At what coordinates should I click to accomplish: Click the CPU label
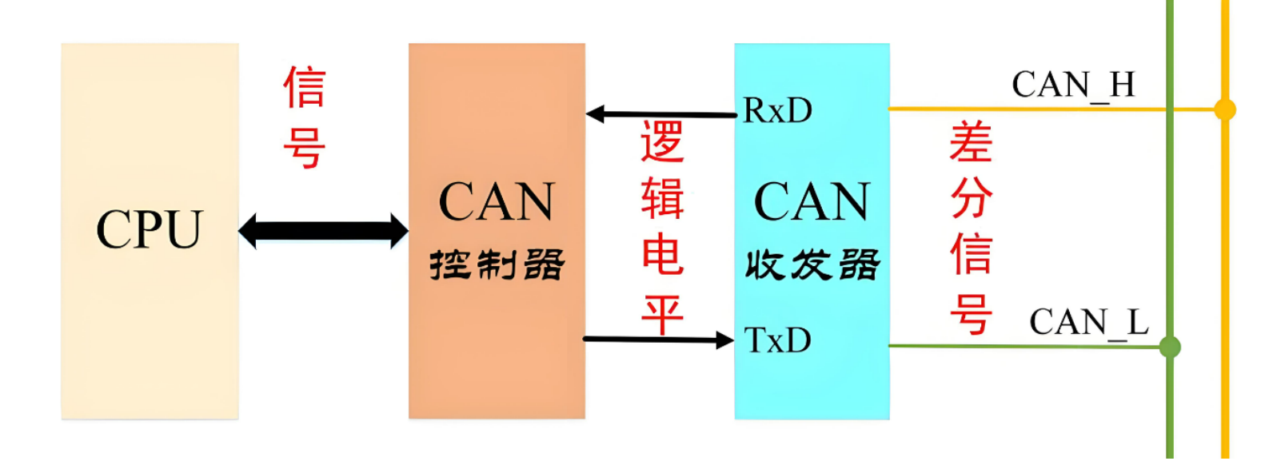coord(150,230)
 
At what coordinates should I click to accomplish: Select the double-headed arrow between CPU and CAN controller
coord(323,231)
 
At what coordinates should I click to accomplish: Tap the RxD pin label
coord(777,111)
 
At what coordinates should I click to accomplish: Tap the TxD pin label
coord(777,340)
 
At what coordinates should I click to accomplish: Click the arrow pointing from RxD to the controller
coord(660,114)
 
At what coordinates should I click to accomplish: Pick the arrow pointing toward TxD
coord(657,340)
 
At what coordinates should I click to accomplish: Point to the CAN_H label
coord(1073,85)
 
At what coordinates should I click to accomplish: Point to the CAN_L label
coord(1088,322)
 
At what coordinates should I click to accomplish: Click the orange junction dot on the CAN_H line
coord(1224,109)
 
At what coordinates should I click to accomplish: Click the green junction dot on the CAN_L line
coord(1170,347)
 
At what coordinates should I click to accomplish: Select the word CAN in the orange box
coord(497,201)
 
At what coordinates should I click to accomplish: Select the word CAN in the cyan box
coord(812,201)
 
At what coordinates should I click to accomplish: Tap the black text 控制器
coord(497,264)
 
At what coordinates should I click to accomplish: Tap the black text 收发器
coord(812,264)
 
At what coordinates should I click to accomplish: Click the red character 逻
coord(662,142)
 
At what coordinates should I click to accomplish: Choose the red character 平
coord(662,314)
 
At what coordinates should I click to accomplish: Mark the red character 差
coord(971,142)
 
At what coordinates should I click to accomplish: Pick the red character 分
coord(971,197)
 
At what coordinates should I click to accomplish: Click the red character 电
coord(662,256)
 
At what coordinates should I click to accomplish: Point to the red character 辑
coord(662,199)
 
